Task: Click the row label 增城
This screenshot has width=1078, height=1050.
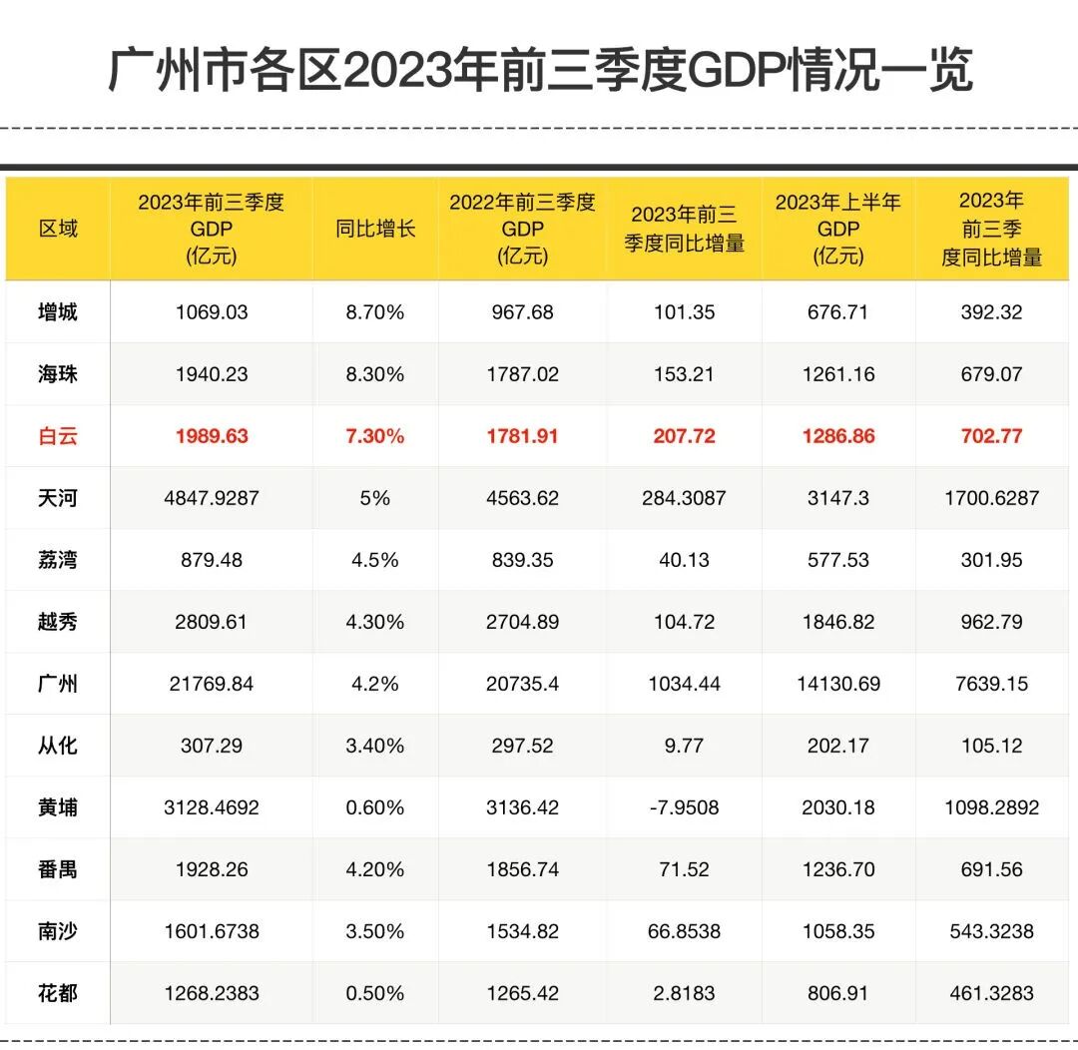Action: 57,312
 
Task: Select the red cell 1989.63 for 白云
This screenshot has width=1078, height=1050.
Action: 212,436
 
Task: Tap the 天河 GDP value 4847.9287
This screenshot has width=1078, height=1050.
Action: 212,498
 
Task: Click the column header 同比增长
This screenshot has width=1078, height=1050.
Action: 374,229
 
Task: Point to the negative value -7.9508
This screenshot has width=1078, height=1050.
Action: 684,807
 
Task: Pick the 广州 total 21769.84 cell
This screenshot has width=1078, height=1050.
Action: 212,684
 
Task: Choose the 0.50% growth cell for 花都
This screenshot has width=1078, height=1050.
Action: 374,993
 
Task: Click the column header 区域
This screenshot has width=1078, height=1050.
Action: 57,229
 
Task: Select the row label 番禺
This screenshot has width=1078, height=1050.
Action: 57,869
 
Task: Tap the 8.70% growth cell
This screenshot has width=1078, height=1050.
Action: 374,312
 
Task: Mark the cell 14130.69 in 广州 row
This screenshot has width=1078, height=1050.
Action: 838,684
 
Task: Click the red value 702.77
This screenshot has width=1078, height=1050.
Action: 991,436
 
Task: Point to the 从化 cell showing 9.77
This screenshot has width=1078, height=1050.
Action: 684,746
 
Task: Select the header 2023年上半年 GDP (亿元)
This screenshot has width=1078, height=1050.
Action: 838,229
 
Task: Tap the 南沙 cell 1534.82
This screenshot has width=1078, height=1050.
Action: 522,931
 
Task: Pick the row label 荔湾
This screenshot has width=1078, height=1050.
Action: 57,560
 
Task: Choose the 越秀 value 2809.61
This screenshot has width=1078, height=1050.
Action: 212,622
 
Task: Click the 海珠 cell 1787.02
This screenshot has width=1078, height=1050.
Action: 522,374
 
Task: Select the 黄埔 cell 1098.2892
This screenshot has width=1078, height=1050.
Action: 991,807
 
